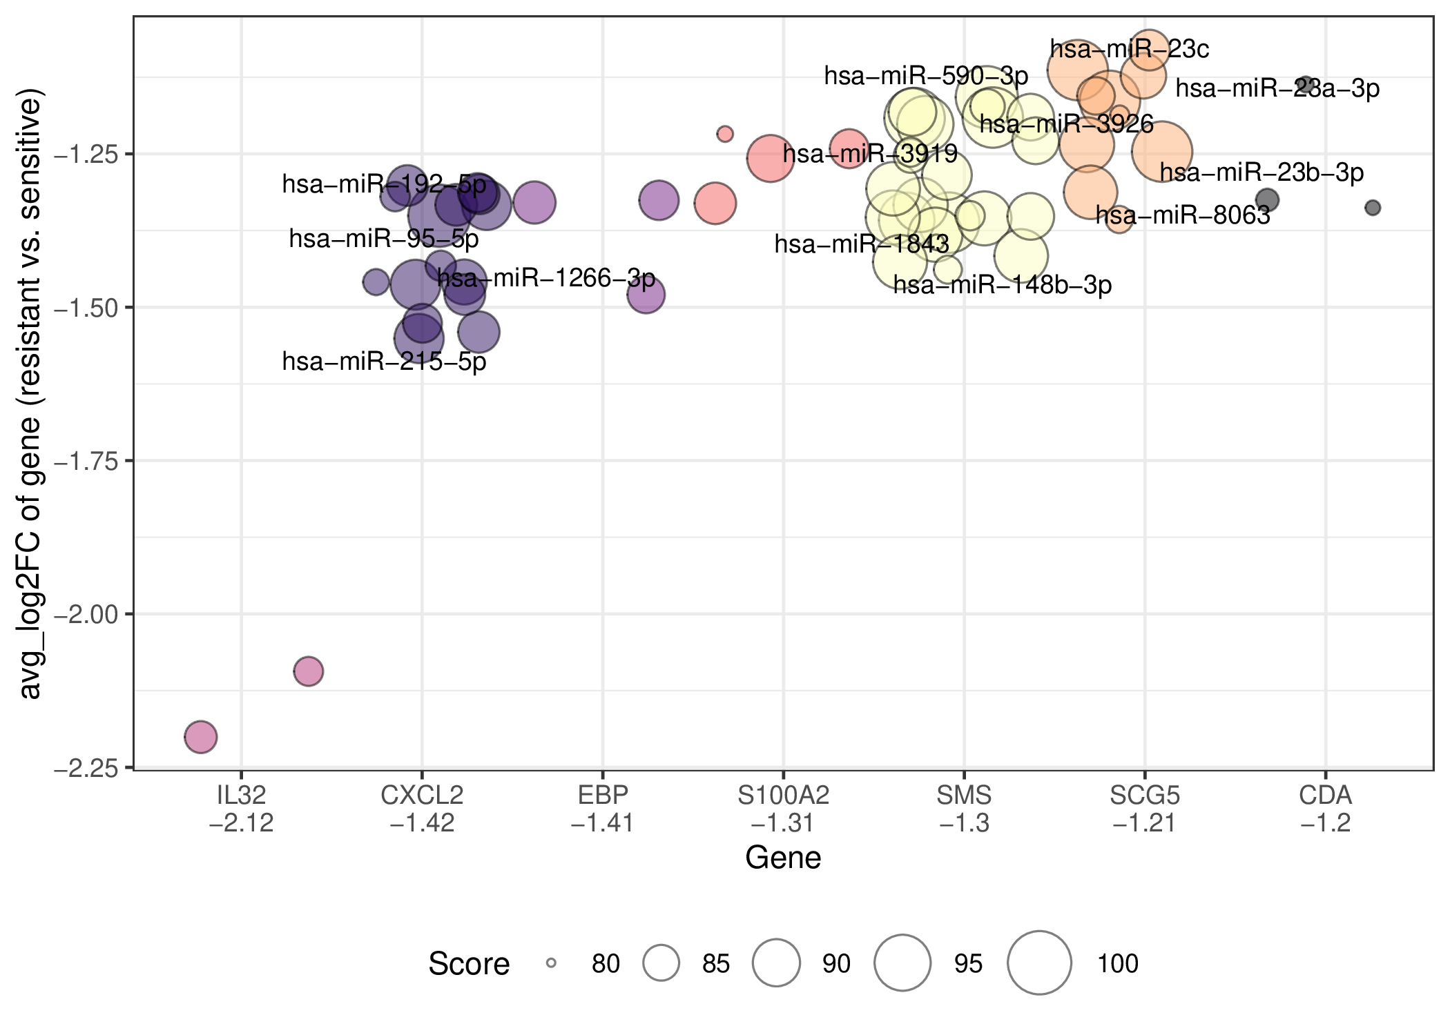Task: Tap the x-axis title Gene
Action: coord(784,858)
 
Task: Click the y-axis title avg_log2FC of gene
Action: coord(30,393)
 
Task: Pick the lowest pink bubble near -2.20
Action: coord(201,737)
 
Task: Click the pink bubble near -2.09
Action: coord(309,671)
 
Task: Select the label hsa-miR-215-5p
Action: coord(385,362)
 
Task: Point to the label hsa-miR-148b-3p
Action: coord(1003,285)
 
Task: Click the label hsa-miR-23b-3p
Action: coord(1262,172)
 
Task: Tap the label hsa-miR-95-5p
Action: coord(384,239)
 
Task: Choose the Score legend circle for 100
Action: coord(1039,963)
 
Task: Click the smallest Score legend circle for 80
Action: coord(551,963)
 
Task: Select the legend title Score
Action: coord(469,963)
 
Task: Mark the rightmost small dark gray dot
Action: coord(1373,208)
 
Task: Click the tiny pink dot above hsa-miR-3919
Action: coord(725,134)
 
